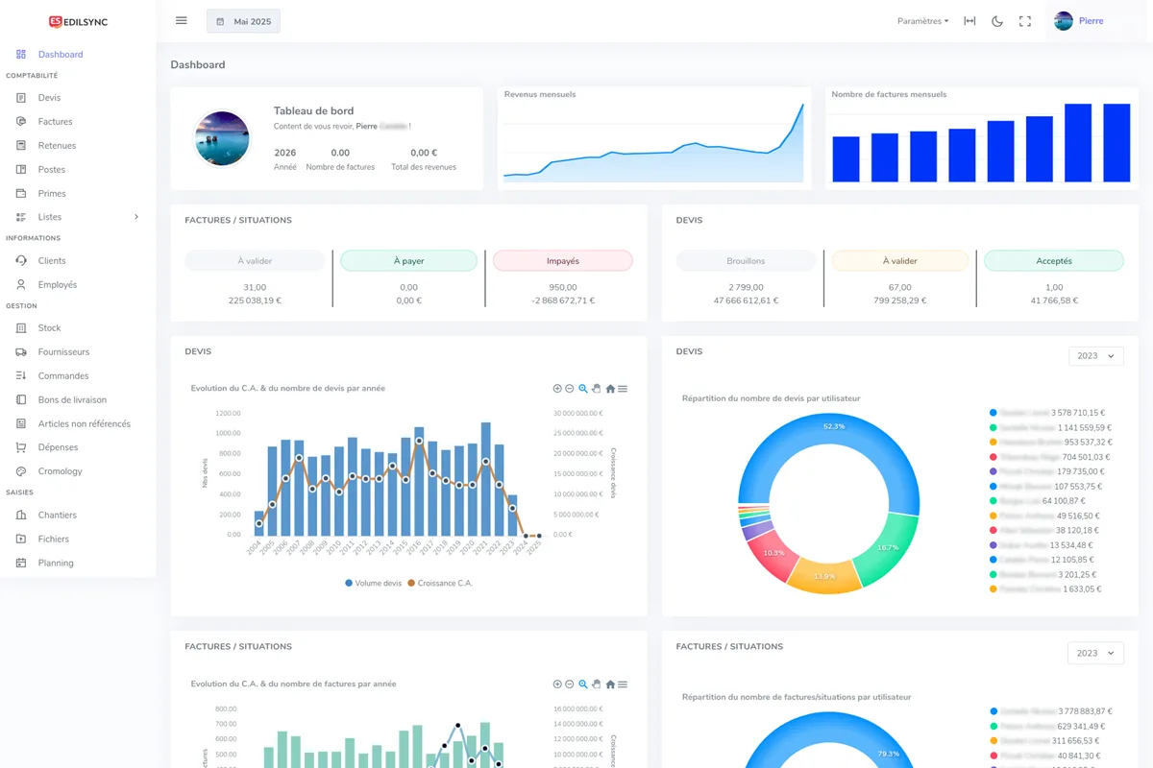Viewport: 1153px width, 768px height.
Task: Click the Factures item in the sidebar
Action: click(x=55, y=122)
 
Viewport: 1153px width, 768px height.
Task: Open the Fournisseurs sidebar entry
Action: click(x=63, y=352)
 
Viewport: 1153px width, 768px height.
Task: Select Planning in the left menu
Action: click(x=56, y=564)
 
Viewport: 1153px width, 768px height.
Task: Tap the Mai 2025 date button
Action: click(x=243, y=21)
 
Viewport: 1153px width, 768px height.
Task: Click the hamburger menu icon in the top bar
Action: click(x=182, y=21)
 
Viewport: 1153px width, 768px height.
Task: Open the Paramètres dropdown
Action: click(x=922, y=21)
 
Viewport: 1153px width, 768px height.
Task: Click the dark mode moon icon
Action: click(x=997, y=21)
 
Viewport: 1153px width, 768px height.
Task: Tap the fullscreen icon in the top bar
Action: click(x=1025, y=21)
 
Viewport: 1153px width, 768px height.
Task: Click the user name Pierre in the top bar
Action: click(x=1091, y=21)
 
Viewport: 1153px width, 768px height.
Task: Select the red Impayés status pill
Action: click(x=562, y=260)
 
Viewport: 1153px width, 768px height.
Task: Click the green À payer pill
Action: click(x=408, y=260)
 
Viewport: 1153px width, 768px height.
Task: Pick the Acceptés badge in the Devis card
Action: click(x=1053, y=260)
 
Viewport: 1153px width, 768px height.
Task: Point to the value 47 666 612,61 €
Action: click(x=746, y=300)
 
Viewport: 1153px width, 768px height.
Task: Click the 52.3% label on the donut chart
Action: click(x=834, y=426)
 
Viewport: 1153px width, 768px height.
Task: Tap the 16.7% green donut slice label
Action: click(x=888, y=547)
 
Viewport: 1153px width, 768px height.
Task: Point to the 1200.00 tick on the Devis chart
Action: click(x=228, y=414)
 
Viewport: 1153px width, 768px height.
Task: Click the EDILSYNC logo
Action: click(x=79, y=21)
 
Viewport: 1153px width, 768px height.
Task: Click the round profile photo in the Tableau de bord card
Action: click(x=222, y=138)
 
